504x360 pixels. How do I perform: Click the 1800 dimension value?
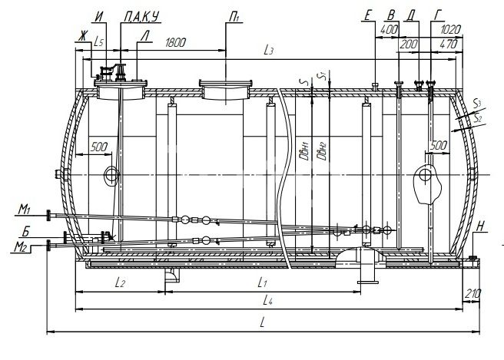(x=175, y=43)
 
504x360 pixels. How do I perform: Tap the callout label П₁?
(x=234, y=17)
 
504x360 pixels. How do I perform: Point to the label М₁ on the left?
(x=24, y=210)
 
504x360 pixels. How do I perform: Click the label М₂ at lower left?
(x=20, y=247)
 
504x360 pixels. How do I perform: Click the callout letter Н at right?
(x=480, y=226)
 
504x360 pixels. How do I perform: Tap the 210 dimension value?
(x=472, y=293)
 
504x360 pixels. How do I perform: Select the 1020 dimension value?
(x=451, y=30)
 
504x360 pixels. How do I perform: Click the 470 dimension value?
(x=449, y=44)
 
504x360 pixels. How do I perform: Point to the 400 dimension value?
(x=389, y=30)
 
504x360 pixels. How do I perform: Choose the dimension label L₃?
(x=268, y=50)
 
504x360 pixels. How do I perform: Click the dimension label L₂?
(x=120, y=282)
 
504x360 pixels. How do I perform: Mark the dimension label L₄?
(x=267, y=301)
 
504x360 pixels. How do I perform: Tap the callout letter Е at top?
(x=368, y=16)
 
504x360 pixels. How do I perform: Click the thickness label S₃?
(x=478, y=104)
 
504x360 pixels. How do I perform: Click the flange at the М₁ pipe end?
(x=48, y=215)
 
